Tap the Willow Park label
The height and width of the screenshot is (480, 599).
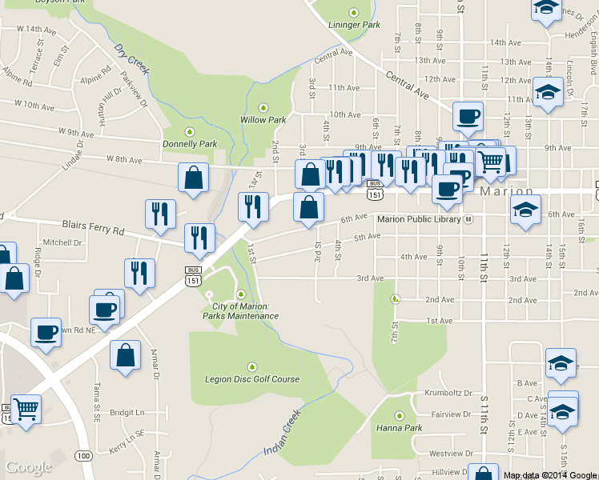pos(263,120)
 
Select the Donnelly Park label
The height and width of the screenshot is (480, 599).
pos(190,144)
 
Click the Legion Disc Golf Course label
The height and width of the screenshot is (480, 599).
pos(252,379)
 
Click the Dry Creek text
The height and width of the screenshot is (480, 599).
pos(132,60)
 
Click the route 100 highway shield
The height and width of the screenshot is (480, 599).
pos(82,455)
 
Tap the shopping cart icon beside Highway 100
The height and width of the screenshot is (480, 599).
pos(26,410)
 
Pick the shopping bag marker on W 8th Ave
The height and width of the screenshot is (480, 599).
pos(194,178)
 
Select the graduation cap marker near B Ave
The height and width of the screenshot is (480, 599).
pos(561,362)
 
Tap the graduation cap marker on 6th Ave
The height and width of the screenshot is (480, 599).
pos(525,211)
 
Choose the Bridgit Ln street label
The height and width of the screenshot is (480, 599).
pos(127,413)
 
